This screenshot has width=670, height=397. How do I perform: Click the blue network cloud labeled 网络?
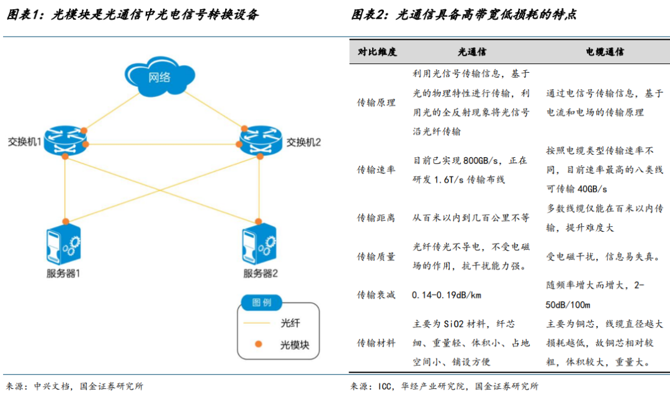159,78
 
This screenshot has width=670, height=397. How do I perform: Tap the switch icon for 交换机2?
258,141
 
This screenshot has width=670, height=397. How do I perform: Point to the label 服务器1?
63,273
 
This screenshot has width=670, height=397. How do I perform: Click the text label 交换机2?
303,142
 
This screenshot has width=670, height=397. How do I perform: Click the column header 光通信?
472,52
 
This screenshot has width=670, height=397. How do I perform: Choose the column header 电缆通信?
605,52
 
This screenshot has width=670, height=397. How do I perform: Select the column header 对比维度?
377,52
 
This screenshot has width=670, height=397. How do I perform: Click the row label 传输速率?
376,170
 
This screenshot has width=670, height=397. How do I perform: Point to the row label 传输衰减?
376,294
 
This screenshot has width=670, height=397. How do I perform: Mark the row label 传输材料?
376,343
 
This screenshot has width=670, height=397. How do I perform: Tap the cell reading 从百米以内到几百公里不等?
471,217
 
